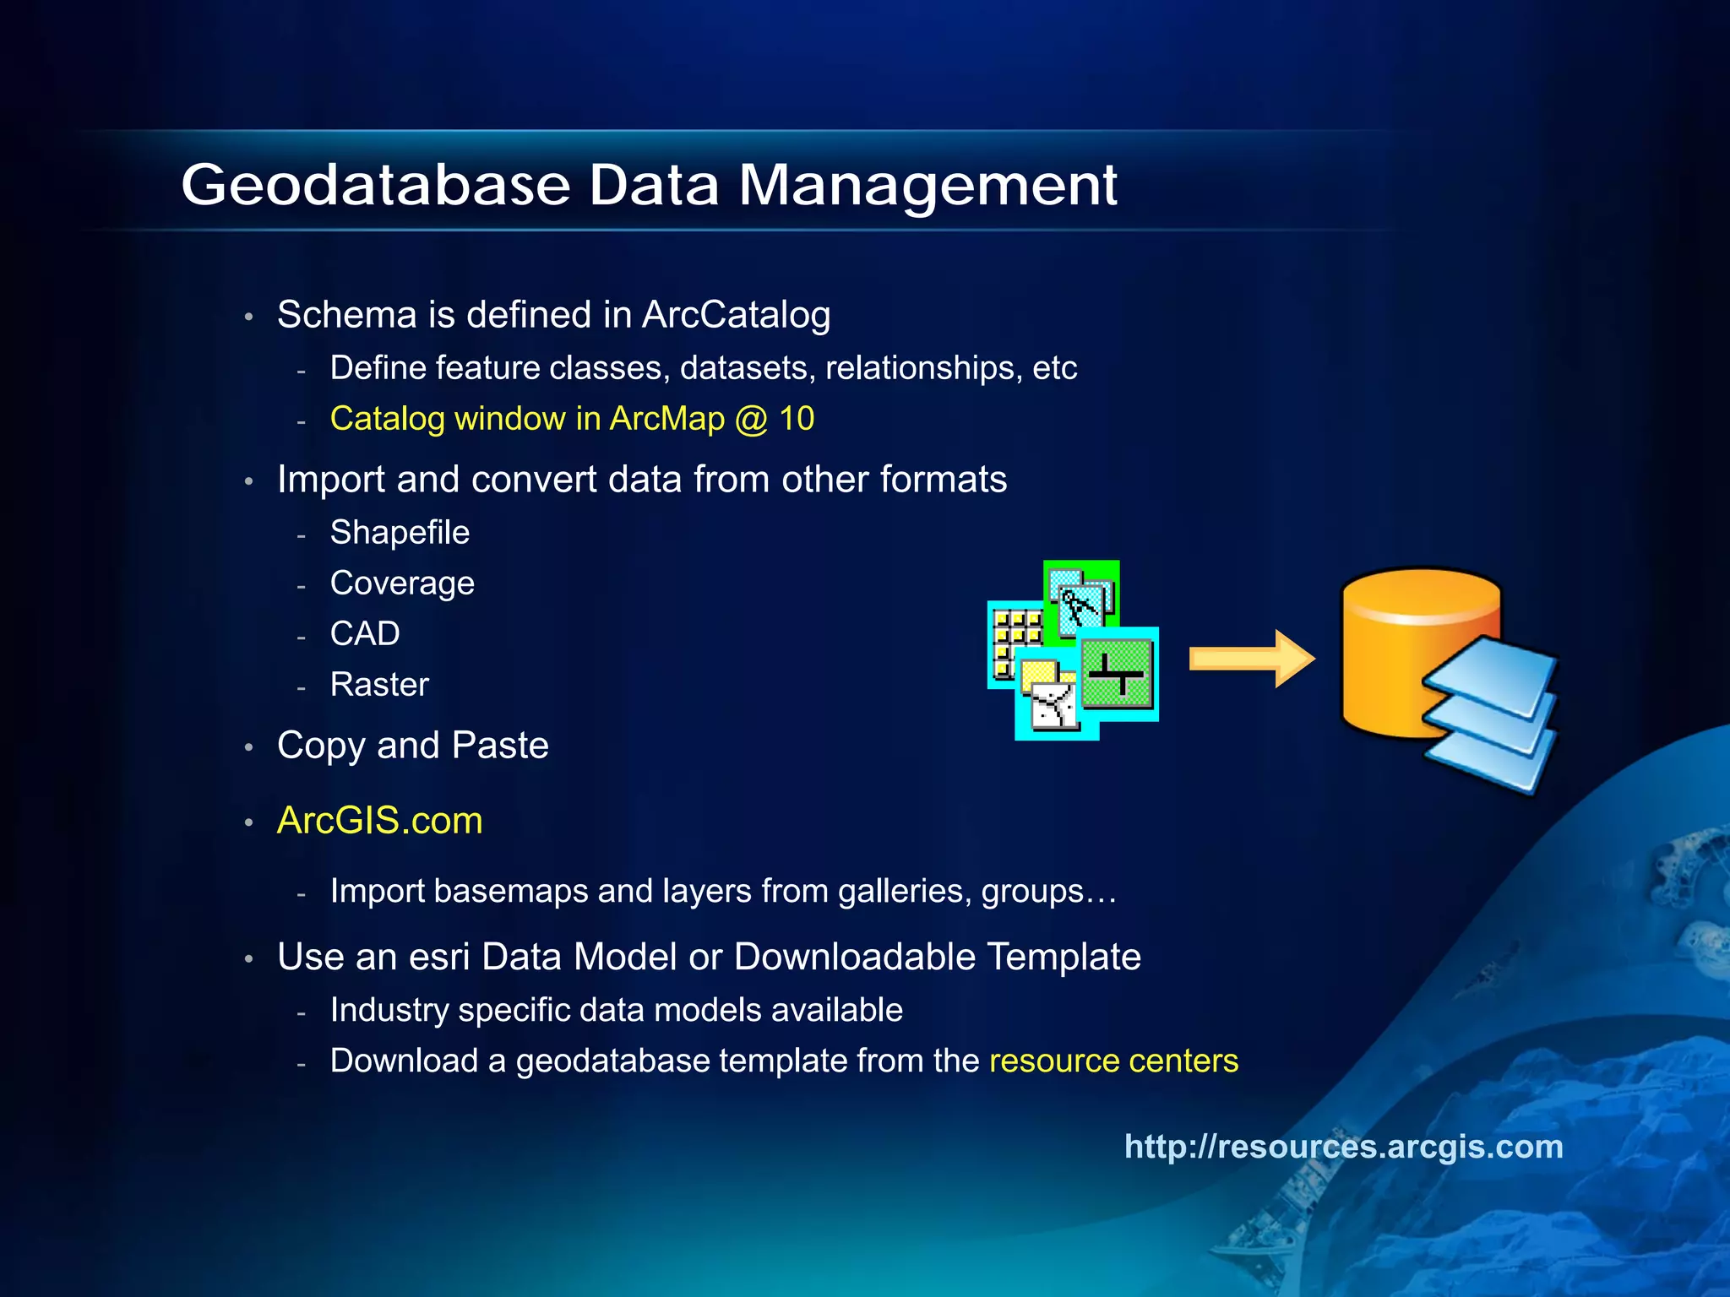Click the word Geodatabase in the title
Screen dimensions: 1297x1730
(376, 185)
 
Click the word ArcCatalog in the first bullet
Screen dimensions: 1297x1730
(736, 315)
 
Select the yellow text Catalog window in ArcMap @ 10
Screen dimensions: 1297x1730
(572, 419)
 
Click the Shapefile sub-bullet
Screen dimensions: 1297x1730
(400, 533)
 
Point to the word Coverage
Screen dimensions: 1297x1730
(402, 583)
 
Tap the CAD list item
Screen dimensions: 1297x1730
(365, 634)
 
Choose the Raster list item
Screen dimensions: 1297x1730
(379, 685)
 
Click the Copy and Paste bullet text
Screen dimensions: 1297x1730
(413, 746)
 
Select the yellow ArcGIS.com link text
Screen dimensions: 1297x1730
(380, 821)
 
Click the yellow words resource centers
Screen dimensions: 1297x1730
(1113, 1061)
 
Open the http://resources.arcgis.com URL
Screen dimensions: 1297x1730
(1343, 1147)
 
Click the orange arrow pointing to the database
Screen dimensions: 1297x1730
(1251, 659)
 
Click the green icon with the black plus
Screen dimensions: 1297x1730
(1118, 674)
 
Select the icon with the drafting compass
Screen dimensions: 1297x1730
(1080, 600)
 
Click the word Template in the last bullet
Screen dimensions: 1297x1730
(1064, 958)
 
